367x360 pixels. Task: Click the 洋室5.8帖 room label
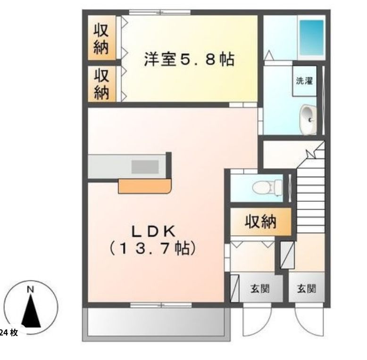coord(189,60)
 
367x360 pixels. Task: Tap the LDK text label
coord(153,231)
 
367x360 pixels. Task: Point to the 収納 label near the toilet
coord(260,221)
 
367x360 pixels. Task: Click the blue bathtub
coord(312,38)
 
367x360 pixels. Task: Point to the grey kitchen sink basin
coord(145,167)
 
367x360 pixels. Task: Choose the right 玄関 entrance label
coord(306,288)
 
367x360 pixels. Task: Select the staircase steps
coord(311,198)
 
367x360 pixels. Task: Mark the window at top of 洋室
coord(160,12)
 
